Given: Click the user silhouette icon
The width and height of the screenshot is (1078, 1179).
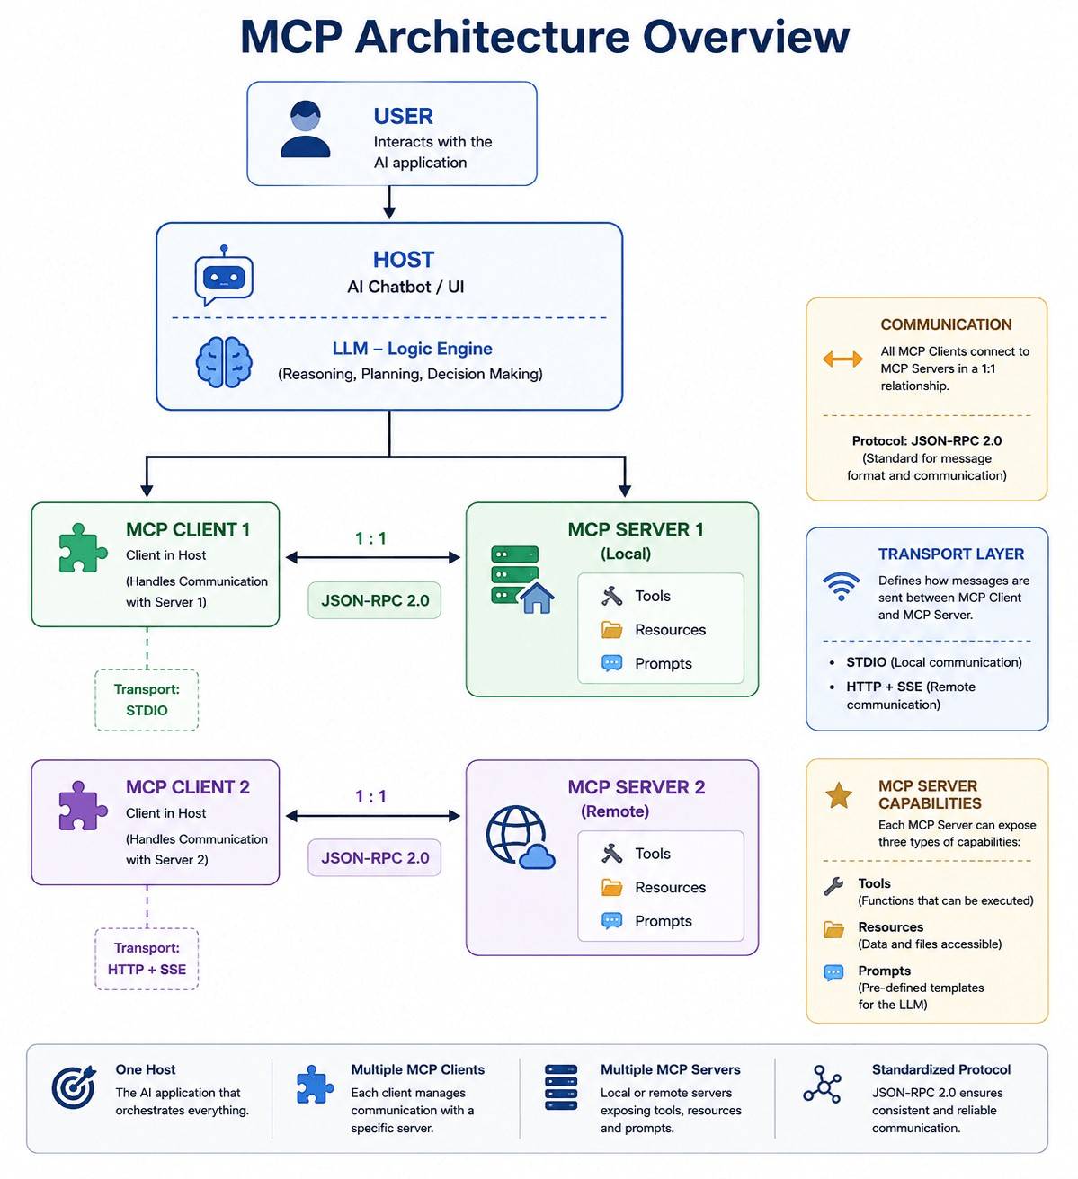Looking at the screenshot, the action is pyautogui.click(x=305, y=129).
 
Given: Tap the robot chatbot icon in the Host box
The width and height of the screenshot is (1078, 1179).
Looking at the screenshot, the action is pyautogui.click(x=224, y=275).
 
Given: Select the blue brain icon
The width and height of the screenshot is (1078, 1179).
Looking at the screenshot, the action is pyautogui.click(x=224, y=361).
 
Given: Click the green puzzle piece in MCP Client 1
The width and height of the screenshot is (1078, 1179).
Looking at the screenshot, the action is pyautogui.click(x=83, y=547).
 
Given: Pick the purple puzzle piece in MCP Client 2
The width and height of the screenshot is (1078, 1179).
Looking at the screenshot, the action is pyautogui.click(x=83, y=805).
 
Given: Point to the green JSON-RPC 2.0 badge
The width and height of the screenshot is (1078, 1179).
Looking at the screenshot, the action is pyautogui.click(x=374, y=600).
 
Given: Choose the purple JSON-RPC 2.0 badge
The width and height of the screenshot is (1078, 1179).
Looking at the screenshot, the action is pyautogui.click(x=374, y=857).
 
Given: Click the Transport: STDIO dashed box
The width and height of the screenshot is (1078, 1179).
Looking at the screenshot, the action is pyautogui.click(x=147, y=700).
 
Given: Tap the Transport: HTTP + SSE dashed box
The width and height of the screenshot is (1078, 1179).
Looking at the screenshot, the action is pyautogui.click(x=147, y=959).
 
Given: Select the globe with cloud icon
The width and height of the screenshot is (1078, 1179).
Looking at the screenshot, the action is pyautogui.click(x=520, y=837).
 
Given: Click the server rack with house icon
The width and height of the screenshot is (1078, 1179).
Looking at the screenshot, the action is pyautogui.click(x=521, y=580).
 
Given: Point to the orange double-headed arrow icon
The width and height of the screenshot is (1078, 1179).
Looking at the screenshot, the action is pyautogui.click(x=842, y=359).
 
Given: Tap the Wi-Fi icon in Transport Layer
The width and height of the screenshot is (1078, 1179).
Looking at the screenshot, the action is pyautogui.click(x=841, y=586).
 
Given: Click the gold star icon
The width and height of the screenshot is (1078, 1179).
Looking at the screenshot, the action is pyautogui.click(x=839, y=796).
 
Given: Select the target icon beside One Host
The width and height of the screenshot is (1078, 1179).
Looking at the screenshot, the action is pyautogui.click(x=74, y=1086).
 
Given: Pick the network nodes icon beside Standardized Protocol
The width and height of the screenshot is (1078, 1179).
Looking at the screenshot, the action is pyautogui.click(x=822, y=1084).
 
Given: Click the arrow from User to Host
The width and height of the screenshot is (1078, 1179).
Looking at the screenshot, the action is pyautogui.click(x=389, y=203).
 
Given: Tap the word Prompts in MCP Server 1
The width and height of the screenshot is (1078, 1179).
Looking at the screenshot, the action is pyautogui.click(x=663, y=663).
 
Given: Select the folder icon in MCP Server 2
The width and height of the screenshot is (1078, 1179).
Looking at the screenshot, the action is pyautogui.click(x=611, y=888).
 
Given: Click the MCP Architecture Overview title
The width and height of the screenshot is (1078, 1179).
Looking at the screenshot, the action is pyautogui.click(x=545, y=37).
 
